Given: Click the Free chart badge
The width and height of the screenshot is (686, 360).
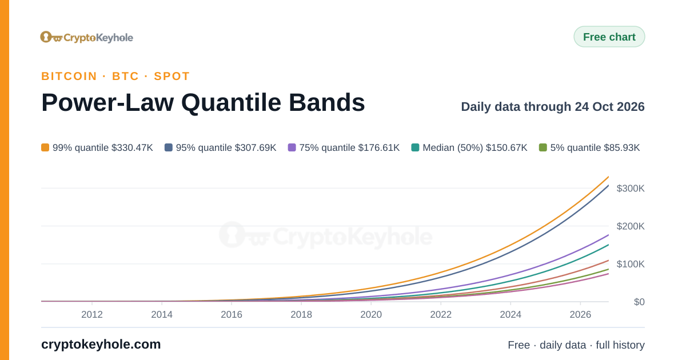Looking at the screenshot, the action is coord(609,37).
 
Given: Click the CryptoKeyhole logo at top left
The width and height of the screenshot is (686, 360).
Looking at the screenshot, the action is coord(87,37).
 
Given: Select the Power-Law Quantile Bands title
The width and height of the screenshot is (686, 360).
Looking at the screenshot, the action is coord(203,102).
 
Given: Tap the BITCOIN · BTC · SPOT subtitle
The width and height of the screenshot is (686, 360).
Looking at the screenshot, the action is coord(115,76).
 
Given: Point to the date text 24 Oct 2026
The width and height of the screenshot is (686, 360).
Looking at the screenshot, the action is coord(610,106).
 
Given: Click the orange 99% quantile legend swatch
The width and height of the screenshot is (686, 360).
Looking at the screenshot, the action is coord(45,147).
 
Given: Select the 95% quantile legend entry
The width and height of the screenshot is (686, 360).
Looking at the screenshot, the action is coord(221,147).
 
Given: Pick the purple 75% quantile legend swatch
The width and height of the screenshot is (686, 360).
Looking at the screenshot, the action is coord(292,147).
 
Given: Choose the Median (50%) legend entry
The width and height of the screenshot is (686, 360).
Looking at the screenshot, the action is coord(469,147).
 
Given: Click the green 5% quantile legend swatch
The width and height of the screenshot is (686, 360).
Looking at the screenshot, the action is coord(543,147).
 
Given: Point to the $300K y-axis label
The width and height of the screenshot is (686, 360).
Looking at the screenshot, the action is coord(631,188).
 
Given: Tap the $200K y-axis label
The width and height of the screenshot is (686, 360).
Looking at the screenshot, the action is coord(631,226).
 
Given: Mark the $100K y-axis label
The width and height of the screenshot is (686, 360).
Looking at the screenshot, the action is coord(631,264).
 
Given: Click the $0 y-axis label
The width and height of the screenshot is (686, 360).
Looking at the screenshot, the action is coord(639,302).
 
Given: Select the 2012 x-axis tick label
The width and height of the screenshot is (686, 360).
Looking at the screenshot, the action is coord(92,314).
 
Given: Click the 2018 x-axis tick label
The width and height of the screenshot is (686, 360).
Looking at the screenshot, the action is coord(301,314).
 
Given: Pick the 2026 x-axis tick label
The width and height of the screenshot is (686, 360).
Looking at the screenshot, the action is coord(580,314).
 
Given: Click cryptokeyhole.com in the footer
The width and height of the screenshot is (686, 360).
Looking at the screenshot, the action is coord(101,345).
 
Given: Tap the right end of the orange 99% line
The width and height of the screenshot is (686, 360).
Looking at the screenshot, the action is coord(608,177).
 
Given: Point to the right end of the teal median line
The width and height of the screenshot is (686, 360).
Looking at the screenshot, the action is coord(608,245).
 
